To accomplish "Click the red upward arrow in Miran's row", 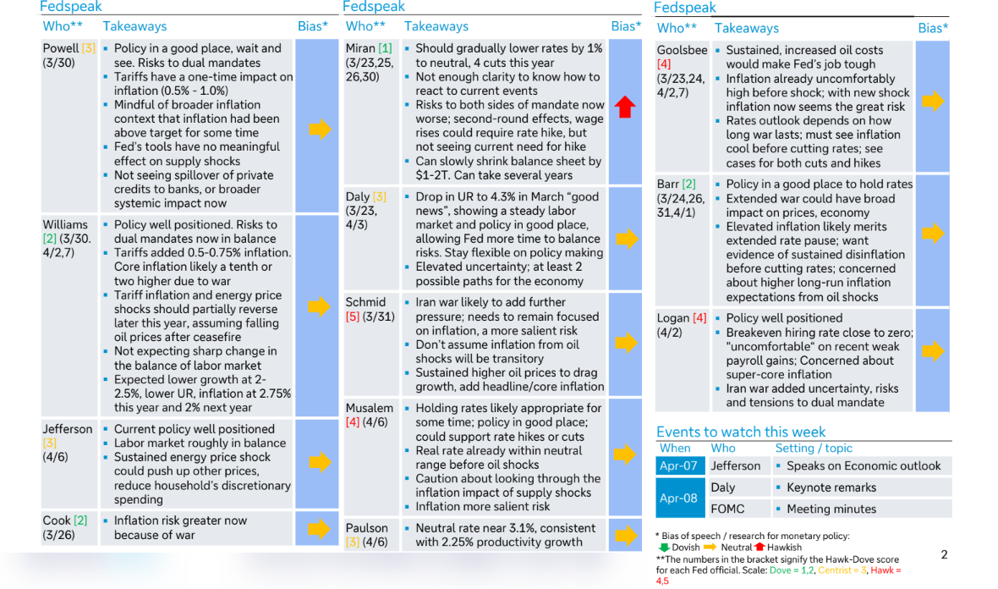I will (x=625, y=107).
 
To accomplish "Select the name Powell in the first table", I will (x=61, y=49).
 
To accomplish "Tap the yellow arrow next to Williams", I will (x=320, y=306).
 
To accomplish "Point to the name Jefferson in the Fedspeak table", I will (x=68, y=429).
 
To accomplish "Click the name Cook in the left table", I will (x=57, y=520).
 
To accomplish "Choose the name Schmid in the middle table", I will (x=365, y=302).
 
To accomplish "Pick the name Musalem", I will (x=369, y=408).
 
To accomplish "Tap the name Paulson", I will (x=367, y=528).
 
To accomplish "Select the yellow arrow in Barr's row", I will (x=932, y=234).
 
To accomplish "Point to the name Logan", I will (x=674, y=318).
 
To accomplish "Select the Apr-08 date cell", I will (x=677, y=498).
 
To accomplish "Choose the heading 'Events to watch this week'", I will (x=741, y=432).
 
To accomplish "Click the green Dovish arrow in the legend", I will (x=663, y=548).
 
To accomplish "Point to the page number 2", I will (x=944, y=555).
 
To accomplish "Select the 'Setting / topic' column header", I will (x=814, y=449).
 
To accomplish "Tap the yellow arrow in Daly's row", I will (x=624, y=239).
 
